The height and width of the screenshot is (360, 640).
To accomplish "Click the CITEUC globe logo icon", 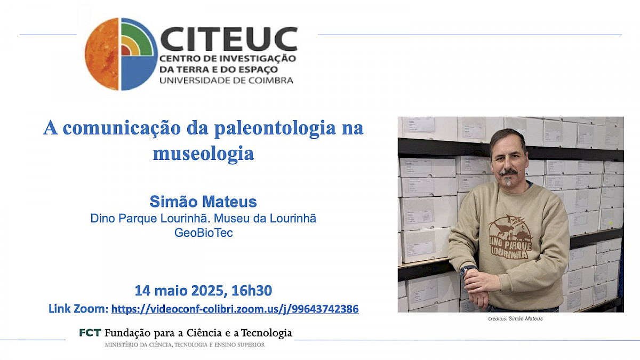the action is pyautogui.click(x=121, y=54).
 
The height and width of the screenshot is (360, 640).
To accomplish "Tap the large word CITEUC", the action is pyautogui.click(x=229, y=39).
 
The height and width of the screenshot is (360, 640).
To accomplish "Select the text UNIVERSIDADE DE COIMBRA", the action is pyautogui.click(x=226, y=81).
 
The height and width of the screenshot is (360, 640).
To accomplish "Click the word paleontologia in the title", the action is pyautogui.click(x=275, y=129).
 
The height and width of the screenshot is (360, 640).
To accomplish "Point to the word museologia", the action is pyautogui.click(x=203, y=154).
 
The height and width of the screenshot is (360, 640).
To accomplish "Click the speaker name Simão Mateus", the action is pyautogui.click(x=203, y=202).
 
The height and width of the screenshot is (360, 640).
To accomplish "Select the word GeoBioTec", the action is pyautogui.click(x=203, y=233).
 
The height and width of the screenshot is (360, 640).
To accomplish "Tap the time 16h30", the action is pyautogui.click(x=252, y=291).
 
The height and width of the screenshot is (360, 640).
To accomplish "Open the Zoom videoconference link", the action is pyautogui.click(x=235, y=309).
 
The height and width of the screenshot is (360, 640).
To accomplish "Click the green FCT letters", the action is pyautogui.click(x=90, y=333).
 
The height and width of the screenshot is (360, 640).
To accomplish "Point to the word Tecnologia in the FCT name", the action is pyautogui.click(x=267, y=333).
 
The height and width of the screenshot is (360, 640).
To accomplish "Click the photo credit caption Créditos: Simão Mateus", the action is pyautogui.click(x=515, y=318).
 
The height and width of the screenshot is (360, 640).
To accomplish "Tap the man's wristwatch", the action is pyautogui.click(x=468, y=269).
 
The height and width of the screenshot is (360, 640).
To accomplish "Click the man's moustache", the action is pyautogui.click(x=509, y=172).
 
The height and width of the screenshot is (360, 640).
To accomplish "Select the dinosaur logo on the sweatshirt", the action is pyautogui.click(x=510, y=237).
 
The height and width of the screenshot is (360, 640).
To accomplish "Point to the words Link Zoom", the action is pyautogui.click(x=78, y=309).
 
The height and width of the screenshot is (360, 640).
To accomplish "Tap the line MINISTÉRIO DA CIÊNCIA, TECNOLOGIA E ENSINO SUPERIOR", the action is pyautogui.click(x=185, y=345).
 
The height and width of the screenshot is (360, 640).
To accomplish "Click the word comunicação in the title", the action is pyautogui.click(x=122, y=129).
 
